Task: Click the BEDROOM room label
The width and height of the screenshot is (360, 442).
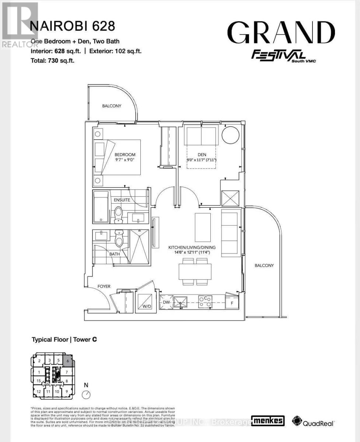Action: coord(125,154)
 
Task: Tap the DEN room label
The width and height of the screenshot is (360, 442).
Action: coord(201,155)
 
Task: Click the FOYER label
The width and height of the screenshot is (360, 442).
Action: coord(104,286)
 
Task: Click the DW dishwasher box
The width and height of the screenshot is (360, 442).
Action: coord(165,302)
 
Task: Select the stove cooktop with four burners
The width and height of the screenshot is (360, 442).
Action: coord(205,302)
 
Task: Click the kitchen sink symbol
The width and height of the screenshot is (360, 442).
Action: coord(181,302)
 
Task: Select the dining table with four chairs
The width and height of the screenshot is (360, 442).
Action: coord(195,272)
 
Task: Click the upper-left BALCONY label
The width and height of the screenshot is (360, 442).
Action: coord(112,106)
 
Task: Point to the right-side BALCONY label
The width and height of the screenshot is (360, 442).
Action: coord(264,265)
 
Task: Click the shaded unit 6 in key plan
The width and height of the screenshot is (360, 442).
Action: coord(68,361)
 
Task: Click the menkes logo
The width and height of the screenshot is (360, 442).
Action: coord(268,421)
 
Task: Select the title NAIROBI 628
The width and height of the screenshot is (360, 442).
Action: coord(72,26)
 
